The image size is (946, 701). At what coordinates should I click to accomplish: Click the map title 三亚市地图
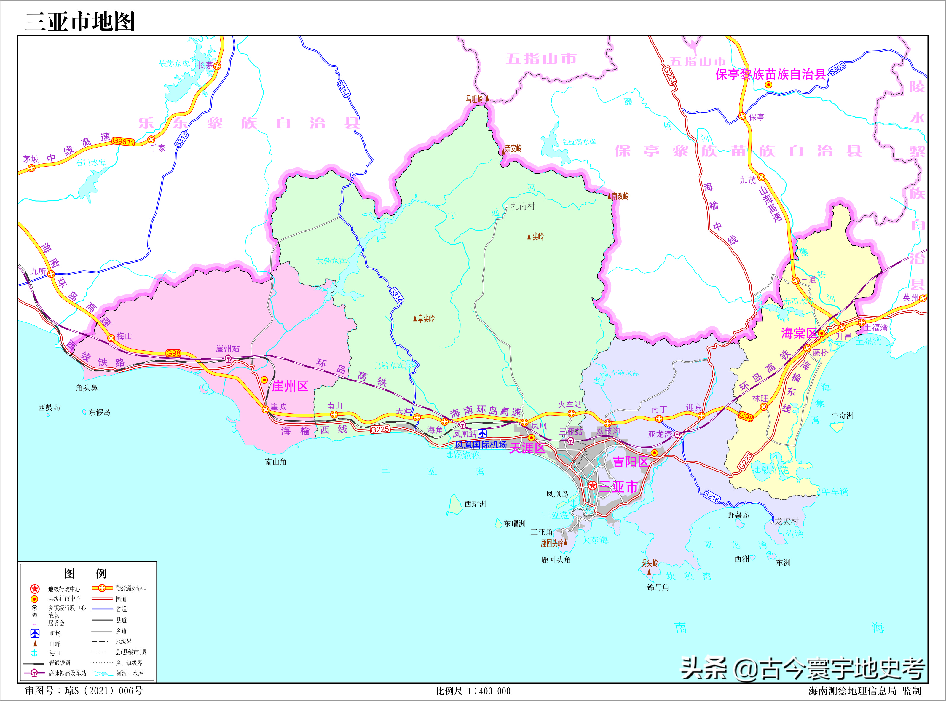click(x=80, y=21)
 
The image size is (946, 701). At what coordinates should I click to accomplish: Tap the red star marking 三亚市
click(x=592, y=486)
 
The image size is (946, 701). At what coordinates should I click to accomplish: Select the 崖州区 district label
click(x=290, y=386)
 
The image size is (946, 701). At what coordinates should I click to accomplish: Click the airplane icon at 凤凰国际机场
click(x=482, y=434)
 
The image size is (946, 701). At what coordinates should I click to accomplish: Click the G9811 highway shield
click(x=123, y=141)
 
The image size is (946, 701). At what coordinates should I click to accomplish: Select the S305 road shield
click(x=837, y=69)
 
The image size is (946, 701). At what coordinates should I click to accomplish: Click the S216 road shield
click(x=712, y=496)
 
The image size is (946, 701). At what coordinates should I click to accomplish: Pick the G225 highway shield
click(x=380, y=429)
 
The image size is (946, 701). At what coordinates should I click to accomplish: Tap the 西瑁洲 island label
click(x=475, y=504)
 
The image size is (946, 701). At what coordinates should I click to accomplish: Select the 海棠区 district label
click(x=799, y=333)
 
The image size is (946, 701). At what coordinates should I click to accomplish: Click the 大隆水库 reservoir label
click(x=331, y=261)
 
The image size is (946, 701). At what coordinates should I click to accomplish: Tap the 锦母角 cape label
click(x=658, y=587)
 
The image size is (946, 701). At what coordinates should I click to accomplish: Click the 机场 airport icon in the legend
click(x=35, y=633)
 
